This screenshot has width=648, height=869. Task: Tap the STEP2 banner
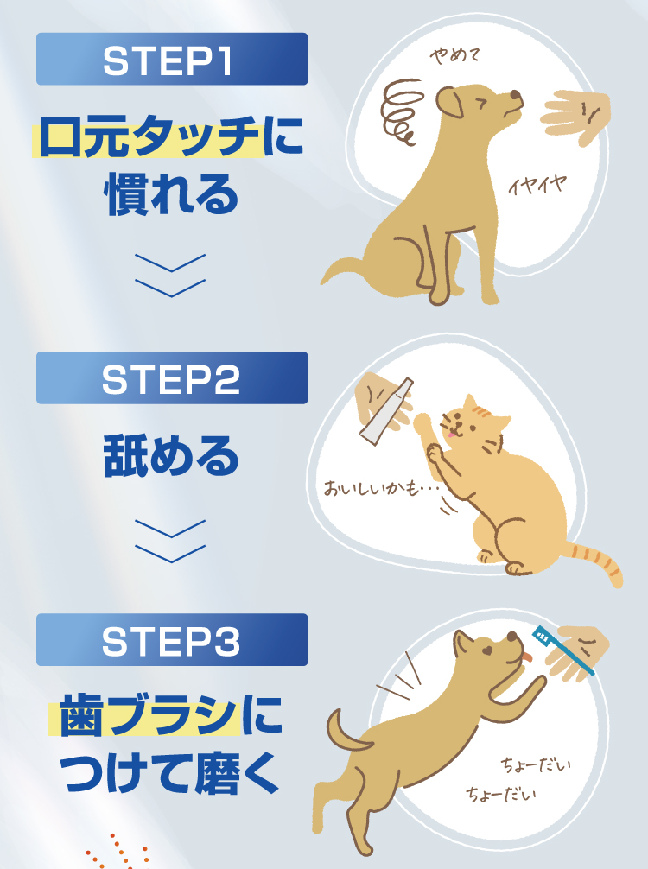coord(171,378)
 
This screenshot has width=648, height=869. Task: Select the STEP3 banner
coord(171,640)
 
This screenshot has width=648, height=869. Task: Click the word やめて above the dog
coord(454,56)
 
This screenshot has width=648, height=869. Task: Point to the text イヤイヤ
coord(537,184)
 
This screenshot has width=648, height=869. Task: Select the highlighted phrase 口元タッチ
coord(147,140)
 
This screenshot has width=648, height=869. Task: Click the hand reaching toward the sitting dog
coord(577,116)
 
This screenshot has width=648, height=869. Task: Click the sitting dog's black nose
coord(516,95)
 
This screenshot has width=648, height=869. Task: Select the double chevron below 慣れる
coord(171,275)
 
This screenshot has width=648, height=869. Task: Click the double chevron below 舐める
coord(171,540)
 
